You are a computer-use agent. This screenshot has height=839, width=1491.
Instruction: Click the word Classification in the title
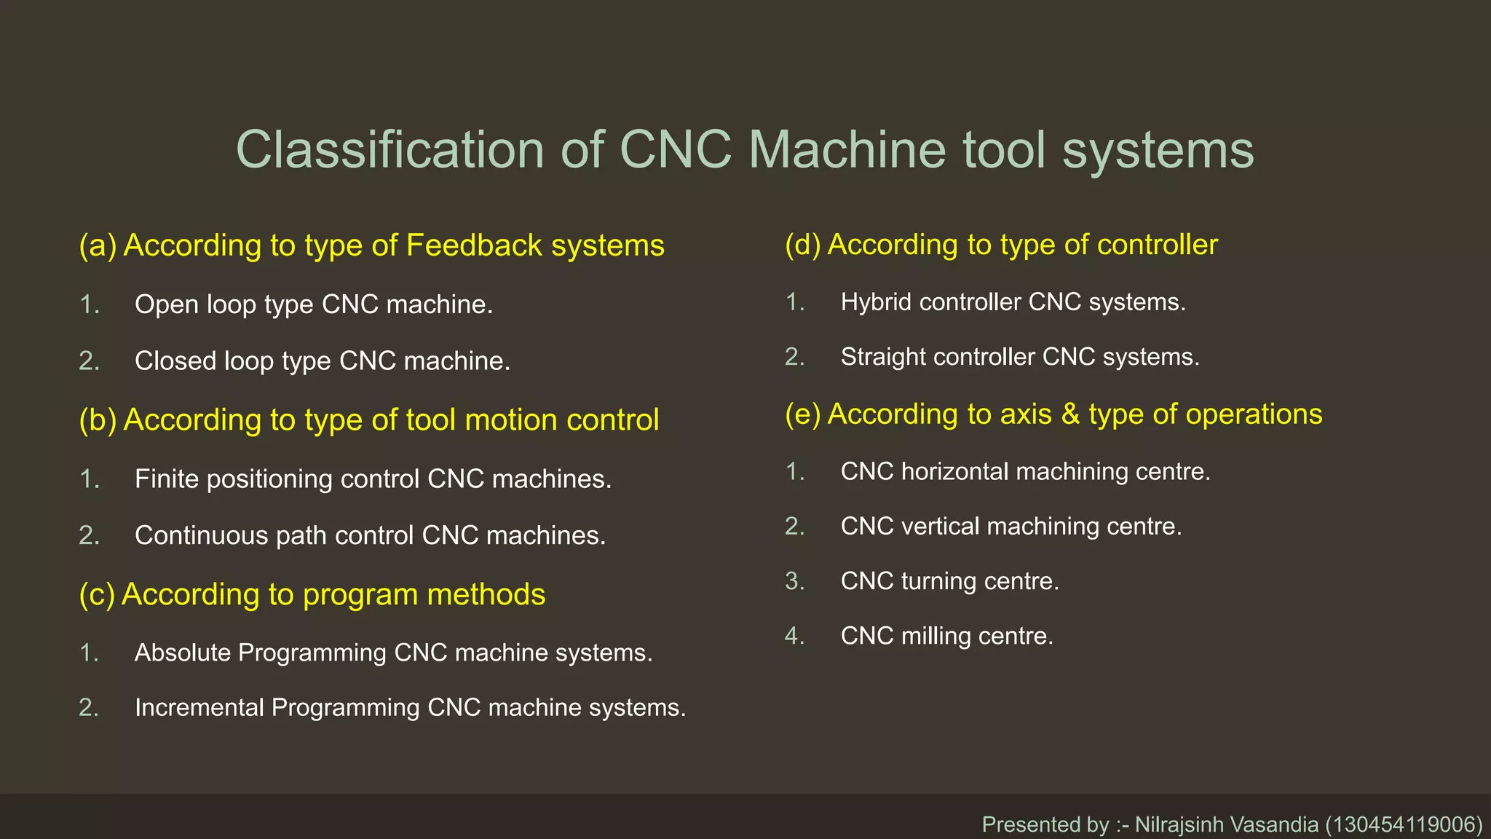click(389, 150)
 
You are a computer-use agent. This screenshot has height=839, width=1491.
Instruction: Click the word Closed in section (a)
click(175, 361)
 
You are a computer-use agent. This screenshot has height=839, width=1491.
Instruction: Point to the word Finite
click(167, 479)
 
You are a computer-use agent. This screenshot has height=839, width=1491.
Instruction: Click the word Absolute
click(183, 653)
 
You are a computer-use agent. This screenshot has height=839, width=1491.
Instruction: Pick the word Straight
click(882, 357)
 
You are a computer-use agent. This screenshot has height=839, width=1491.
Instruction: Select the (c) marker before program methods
click(97, 594)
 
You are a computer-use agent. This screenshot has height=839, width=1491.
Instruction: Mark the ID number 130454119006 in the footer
click(1403, 824)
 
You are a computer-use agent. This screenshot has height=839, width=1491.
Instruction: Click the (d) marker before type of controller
click(802, 245)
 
